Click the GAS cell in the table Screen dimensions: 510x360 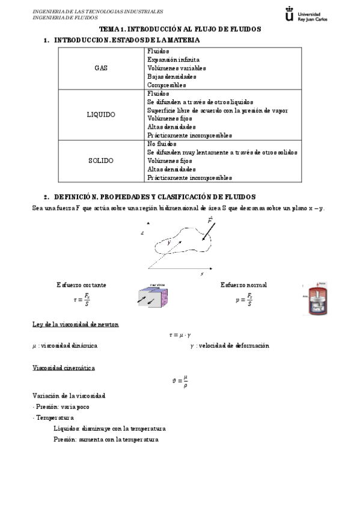pos(100,68)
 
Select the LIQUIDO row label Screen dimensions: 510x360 pos(100,114)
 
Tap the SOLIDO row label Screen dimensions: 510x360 pos(100,161)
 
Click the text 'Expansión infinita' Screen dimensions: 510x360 pos(173,60)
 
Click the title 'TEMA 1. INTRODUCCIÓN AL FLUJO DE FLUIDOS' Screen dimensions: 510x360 pos(180,29)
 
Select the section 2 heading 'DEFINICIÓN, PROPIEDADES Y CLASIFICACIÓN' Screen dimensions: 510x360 pos(154,197)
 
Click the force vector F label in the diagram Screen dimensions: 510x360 pos(210,220)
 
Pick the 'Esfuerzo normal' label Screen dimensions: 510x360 pos(243,284)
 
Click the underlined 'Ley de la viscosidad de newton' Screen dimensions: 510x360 pos(75,325)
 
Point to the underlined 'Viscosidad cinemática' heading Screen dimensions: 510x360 pos(63,367)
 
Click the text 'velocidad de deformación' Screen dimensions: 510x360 pos(233,346)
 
